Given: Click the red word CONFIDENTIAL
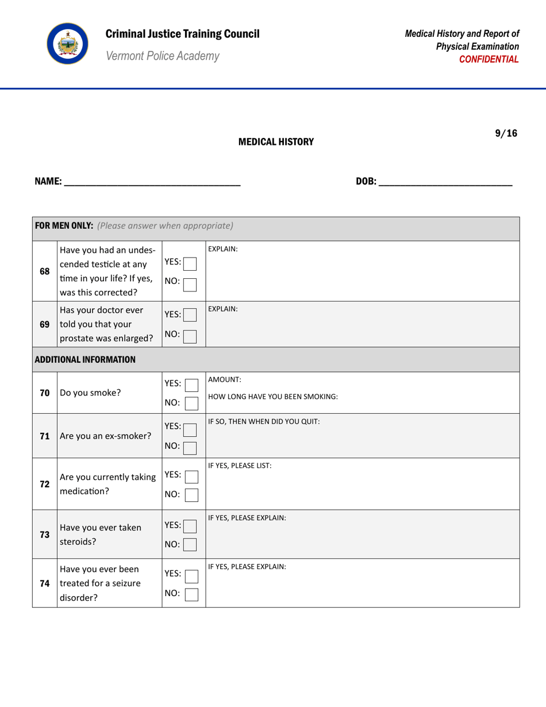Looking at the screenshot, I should (493, 59).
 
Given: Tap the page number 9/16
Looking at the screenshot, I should (506, 133).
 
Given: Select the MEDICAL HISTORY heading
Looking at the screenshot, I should (276, 141).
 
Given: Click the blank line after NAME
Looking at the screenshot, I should (152, 183).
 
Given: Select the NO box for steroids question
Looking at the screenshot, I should (191, 543).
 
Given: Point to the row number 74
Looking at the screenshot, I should (44, 582).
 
